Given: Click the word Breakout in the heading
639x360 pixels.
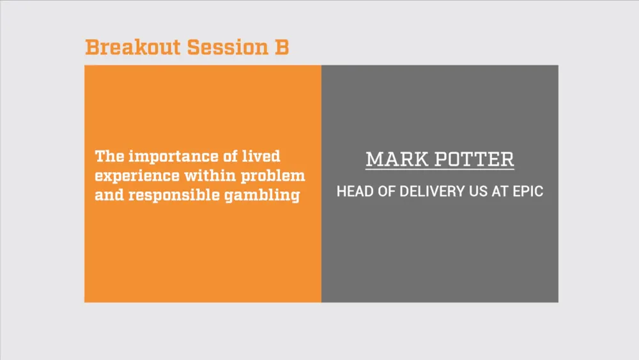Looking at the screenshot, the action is pyautogui.click(x=133, y=47).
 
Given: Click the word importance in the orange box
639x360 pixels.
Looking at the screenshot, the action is pyautogui.click(x=174, y=157).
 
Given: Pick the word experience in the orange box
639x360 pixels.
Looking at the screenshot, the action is pyautogui.click(x=137, y=176).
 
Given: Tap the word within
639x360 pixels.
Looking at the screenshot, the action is pyautogui.click(x=210, y=175).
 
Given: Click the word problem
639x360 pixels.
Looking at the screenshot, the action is pyautogui.click(x=273, y=176).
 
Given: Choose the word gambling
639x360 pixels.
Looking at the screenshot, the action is pyautogui.click(x=262, y=195).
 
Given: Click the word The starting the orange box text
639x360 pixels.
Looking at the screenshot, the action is pyautogui.click(x=110, y=156).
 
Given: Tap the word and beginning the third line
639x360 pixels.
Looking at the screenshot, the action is pyautogui.click(x=109, y=195).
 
